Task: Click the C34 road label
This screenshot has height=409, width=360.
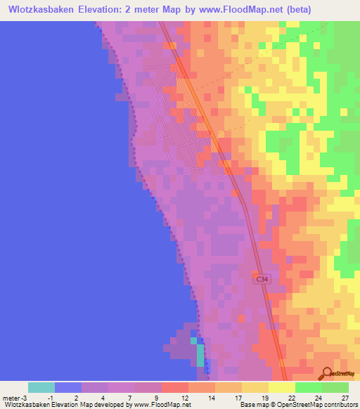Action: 262,279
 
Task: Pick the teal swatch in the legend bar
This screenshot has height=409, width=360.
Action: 41,387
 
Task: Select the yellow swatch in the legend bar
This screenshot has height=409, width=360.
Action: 281,387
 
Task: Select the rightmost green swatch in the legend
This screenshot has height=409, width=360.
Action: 335,387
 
